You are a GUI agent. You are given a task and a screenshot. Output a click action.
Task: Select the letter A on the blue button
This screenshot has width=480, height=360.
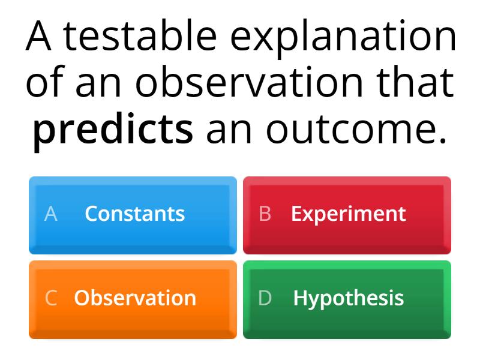coord(51,214)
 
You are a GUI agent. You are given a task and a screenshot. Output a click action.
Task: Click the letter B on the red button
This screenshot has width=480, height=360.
coord(265,214)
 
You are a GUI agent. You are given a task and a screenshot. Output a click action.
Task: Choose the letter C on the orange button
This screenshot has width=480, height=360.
coord(51,298)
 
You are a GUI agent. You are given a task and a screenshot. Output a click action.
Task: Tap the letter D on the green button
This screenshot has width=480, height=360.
coord(265,298)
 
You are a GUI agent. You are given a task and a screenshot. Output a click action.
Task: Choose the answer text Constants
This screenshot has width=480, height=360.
coord(134,214)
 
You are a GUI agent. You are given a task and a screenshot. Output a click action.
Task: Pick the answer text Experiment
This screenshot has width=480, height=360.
coord(348,214)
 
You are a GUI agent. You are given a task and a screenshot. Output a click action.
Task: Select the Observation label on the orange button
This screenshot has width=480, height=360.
coord(135,298)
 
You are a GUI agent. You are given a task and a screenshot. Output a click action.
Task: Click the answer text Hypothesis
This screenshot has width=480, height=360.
coord(348,298)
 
